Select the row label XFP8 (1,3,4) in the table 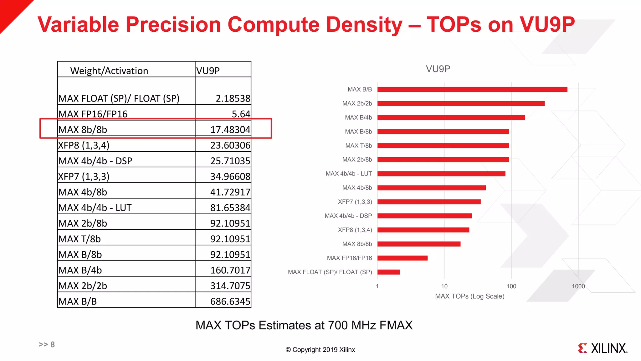(x=84, y=145)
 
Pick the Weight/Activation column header (x=109, y=71)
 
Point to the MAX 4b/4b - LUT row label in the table (x=95, y=208)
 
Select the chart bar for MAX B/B (x=472, y=89)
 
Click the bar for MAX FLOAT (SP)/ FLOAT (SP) (x=388, y=272)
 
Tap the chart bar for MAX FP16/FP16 (x=402, y=258)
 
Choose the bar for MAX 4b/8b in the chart (x=431, y=188)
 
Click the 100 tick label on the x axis (x=511, y=286)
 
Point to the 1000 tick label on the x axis (x=578, y=286)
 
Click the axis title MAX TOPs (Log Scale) (x=469, y=296)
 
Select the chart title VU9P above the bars (x=438, y=69)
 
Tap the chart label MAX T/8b (x=358, y=146)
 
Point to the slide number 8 (x=53, y=344)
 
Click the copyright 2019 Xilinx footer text (x=320, y=350)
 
